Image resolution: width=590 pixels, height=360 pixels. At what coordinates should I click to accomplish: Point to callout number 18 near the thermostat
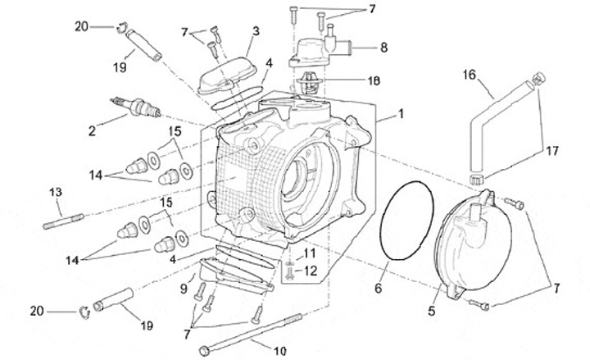[x=351, y=81]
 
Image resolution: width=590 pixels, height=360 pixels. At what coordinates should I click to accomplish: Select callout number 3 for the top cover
[x=256, y=30]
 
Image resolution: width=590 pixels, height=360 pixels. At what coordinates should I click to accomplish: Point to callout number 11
[x=310, y=253]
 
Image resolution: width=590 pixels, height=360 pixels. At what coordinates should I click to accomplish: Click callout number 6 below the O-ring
[x=379, y=289]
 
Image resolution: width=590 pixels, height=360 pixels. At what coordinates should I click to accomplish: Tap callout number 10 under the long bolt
[x=279, y=351]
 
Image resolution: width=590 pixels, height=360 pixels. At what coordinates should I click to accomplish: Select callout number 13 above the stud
[x=55, y=193]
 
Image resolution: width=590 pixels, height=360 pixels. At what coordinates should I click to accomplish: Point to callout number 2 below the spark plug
[x=92, y=130]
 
